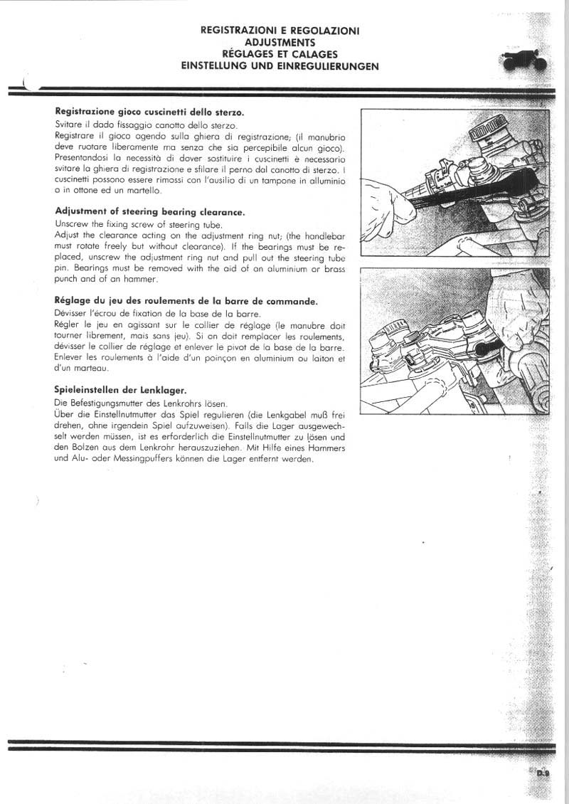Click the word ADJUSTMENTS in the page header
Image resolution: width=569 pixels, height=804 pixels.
coord(280,43)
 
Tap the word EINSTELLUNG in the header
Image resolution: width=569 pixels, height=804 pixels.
coord(216,65)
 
